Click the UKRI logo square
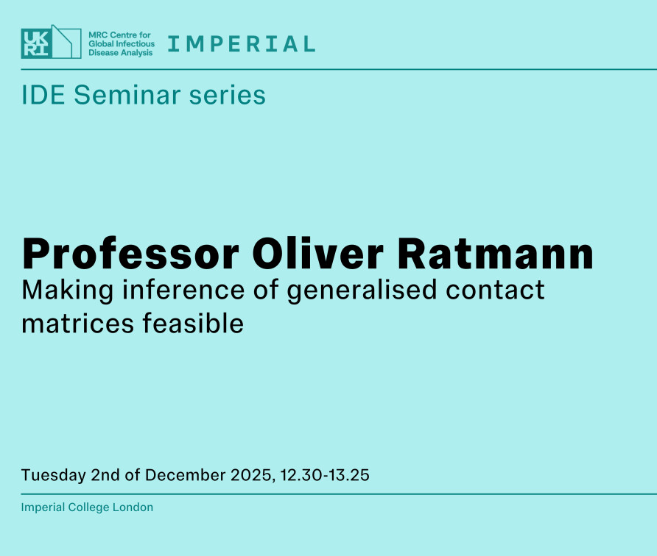pos(36,43)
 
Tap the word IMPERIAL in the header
pos(242,44)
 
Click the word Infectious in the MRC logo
pos(133,43)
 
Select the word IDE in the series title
pos(43,95)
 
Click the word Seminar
pos(127,95)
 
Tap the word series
pos(227,95)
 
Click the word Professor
pos(130,254)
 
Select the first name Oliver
pos(317,253)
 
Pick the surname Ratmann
pos(495,254)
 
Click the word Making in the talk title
pos(68,291)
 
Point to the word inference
pos(183,290)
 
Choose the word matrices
pos(78,324)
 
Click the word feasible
pos(193,323)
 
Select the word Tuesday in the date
pos(53,476)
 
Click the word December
pos(186,475)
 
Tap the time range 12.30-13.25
pos(325,475)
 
